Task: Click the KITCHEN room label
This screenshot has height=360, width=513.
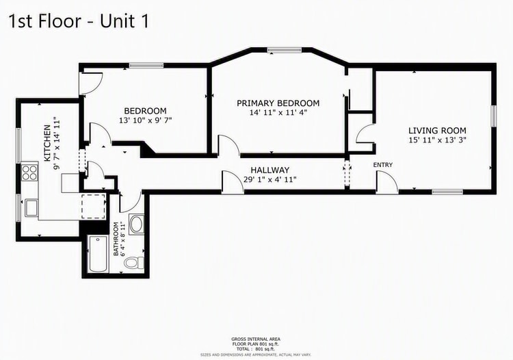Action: click(x=47, y=143)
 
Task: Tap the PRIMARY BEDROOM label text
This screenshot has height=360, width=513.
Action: click(x=278, y=103)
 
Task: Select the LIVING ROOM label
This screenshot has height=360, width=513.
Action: click(x=437, y=131)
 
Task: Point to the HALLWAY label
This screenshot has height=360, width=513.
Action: click(x=270, y=170)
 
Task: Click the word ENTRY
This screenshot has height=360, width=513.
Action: click(x=383, y=165)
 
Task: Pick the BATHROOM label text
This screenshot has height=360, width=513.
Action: click(x=116, y=240)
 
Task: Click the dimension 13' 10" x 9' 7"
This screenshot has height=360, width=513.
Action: click(x=145, y=120)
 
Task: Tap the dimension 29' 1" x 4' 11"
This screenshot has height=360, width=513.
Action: click(x=270, y=179)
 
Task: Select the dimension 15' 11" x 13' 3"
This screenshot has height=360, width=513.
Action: click(x=437, y=140)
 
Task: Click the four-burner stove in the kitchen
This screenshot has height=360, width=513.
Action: click(x=30, y=172)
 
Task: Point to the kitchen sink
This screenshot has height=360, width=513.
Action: click(x=31, y=208)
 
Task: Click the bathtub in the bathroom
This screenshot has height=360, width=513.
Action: click(x=98, y=254)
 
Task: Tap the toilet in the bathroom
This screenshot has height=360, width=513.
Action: click(x=135, y=263)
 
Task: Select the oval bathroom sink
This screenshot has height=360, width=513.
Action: click(x=137, y=225)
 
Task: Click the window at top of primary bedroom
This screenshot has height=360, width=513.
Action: click(x=284, y=50)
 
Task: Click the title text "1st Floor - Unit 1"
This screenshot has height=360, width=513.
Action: click(x=79, y=21)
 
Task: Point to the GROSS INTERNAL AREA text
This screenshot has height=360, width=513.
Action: click(x=256, y=339)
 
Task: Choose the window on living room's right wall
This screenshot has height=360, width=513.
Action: click(x=494, y=116)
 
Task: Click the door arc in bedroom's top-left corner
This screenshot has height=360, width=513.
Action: click(x=92, y=83)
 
